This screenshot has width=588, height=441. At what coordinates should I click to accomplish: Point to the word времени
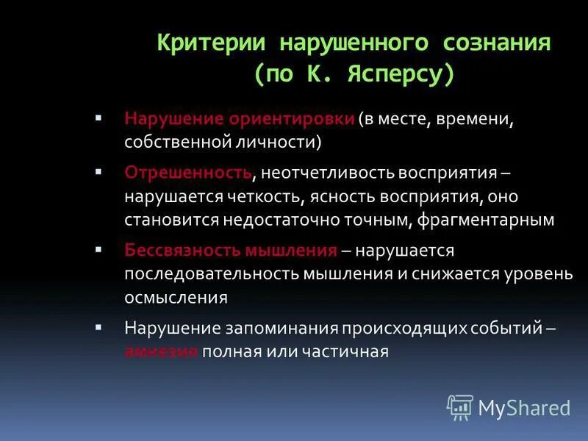point(456,120)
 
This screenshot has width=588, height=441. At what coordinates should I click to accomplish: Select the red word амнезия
point(161,351)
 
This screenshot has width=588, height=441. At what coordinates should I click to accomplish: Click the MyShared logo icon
point(460,406)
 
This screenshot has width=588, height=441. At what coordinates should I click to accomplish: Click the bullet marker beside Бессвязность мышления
point(98,250)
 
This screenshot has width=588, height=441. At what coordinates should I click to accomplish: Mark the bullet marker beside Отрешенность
point(98,171)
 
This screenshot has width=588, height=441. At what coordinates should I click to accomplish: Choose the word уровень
point(542,274)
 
